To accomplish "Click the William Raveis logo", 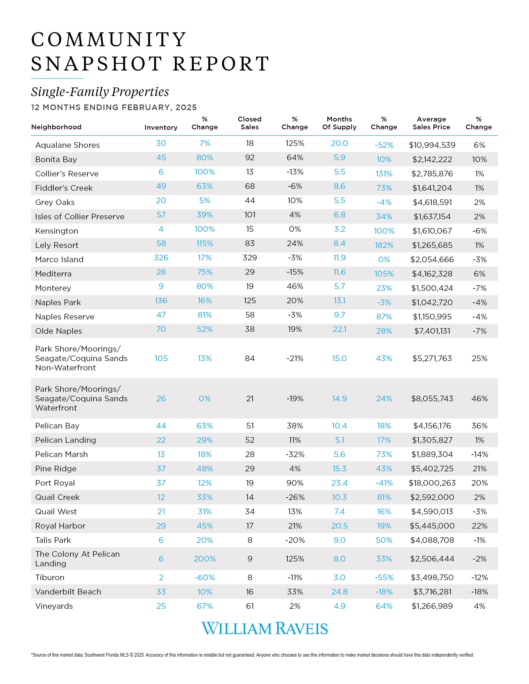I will (x=265, y=629).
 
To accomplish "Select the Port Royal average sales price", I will (x=432, y=483).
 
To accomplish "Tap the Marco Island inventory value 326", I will (x=161, y=258).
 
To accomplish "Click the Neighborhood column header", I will (x=56, y=127).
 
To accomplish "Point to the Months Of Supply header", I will (x=339, y=123).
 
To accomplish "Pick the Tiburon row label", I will (x=50, y=577).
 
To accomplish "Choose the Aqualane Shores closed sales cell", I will (x=250, y=143).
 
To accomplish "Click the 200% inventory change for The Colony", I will (x=205, y=559).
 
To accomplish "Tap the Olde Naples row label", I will (x=59, y=331).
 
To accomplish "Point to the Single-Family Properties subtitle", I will (x=100, y=92).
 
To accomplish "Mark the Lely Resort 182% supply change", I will (x=384, y=245).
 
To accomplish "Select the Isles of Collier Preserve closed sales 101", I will (x=250, y=215).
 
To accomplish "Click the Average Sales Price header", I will (x=431, y=123).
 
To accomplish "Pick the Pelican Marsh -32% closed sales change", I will (x=295, y=454).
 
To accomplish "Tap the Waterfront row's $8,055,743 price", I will (x=432, y=398).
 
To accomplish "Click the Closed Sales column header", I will (x=250, y=123).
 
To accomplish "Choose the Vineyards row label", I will (x=54, y=606).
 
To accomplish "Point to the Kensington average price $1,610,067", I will (x=432, y=231).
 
